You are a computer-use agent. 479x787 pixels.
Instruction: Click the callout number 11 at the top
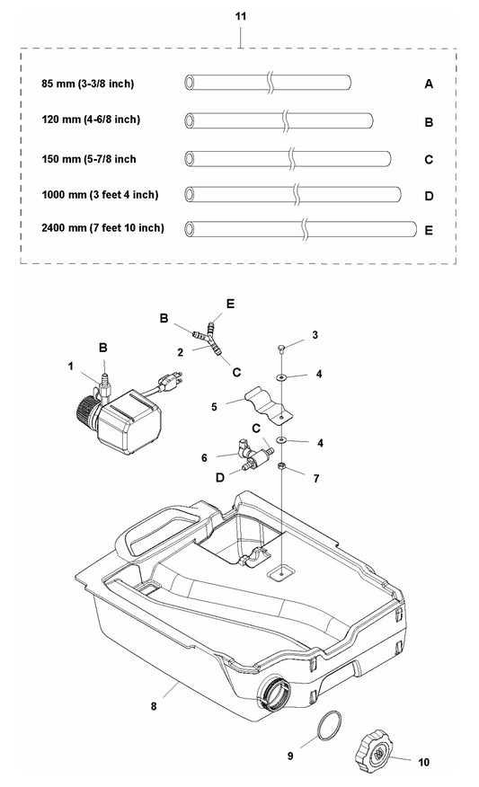[241, 16]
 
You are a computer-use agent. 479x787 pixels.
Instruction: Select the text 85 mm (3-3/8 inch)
[88, 84]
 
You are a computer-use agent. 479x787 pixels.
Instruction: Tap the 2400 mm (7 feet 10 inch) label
[103, 228]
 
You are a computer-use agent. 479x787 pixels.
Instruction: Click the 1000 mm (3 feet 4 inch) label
[100, 195]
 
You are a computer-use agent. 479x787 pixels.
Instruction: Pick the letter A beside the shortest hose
[429, 84]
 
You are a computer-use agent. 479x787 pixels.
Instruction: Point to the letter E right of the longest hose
[429, 230]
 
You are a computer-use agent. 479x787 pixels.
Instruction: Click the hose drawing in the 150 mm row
[288, 159]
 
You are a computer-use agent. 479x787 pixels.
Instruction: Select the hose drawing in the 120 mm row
[279, 121]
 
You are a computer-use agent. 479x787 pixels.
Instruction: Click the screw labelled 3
[282, 348]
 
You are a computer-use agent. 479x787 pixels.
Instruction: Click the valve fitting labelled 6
[254, 455]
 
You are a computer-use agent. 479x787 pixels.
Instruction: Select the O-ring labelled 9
[330, 725]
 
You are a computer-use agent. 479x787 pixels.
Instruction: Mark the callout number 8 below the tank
[154, 706]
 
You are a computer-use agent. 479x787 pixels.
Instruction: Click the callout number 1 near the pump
[71, 367]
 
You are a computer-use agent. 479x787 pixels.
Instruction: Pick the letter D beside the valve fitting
[220, 477]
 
